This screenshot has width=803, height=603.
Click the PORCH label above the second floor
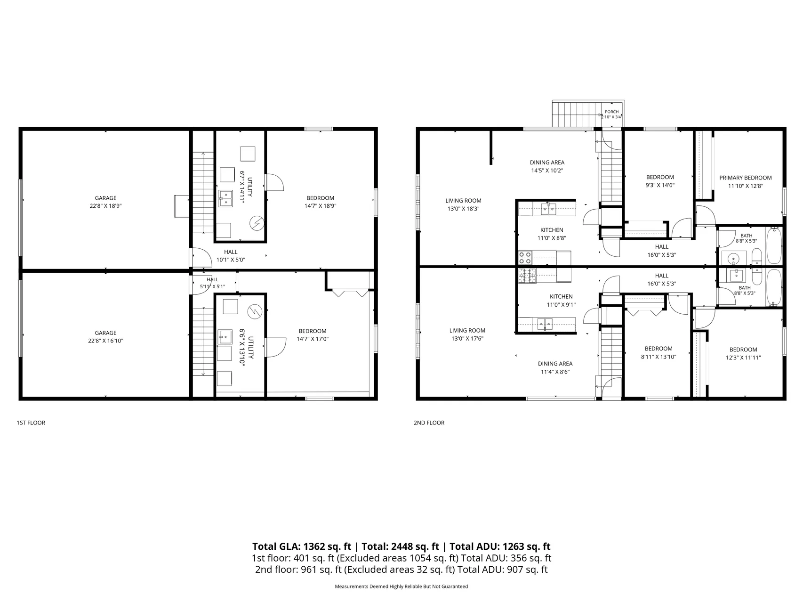point(611,112)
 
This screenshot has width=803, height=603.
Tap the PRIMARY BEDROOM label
point(745,178)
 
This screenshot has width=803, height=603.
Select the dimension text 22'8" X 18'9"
point(105,206)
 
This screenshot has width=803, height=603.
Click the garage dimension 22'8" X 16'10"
point(105,341)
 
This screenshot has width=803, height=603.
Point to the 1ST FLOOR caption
point(31,423)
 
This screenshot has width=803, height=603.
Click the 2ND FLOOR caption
point(429,423)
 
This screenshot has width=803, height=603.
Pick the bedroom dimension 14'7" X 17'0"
point(313,339)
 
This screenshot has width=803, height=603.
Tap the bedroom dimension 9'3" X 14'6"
point(660,185)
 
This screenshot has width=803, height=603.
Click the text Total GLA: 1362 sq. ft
point(302,546)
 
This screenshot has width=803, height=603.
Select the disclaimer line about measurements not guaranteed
point(401,587)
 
